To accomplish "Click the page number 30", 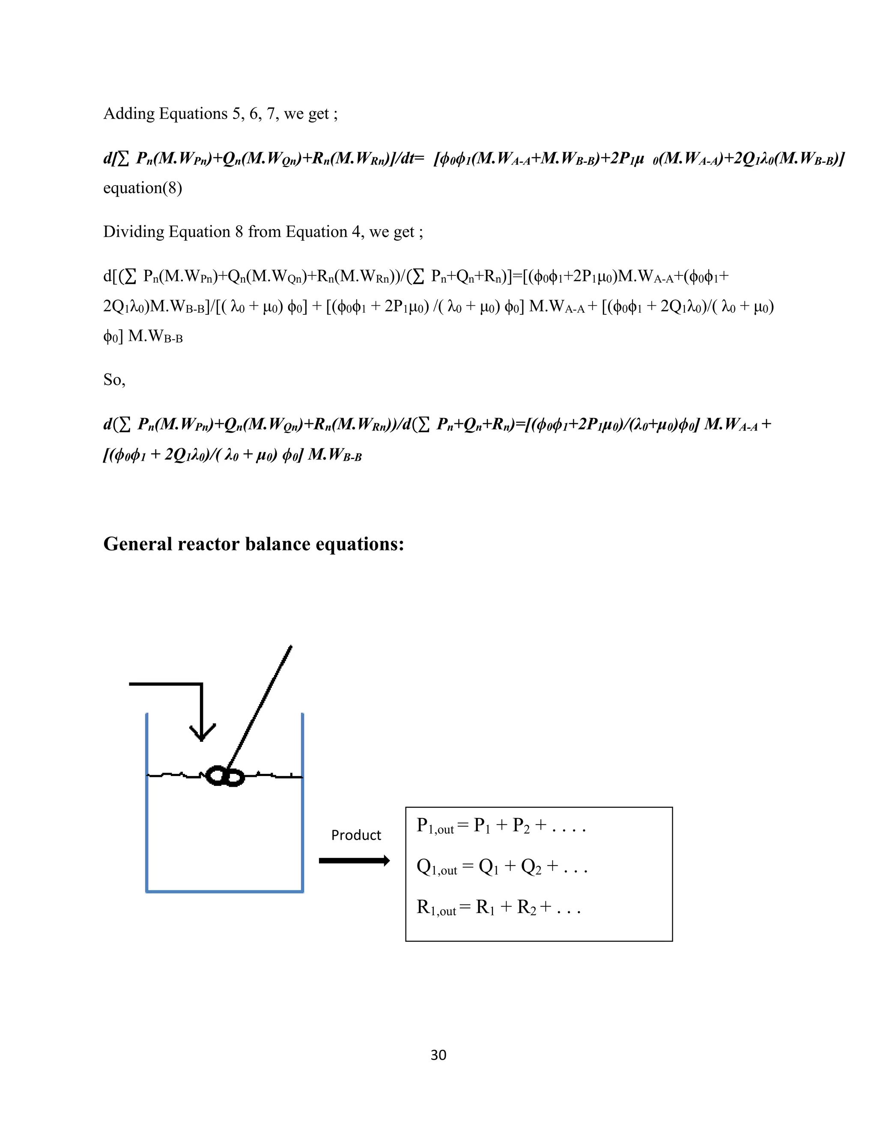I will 438,1054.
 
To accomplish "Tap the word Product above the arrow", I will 356,835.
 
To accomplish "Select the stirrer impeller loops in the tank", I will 225,777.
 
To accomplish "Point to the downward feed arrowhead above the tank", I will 202,732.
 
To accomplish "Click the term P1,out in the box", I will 436,826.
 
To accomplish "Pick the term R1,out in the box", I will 436,908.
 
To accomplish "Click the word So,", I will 114,380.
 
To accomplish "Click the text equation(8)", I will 142,188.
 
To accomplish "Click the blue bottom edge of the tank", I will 224,891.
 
